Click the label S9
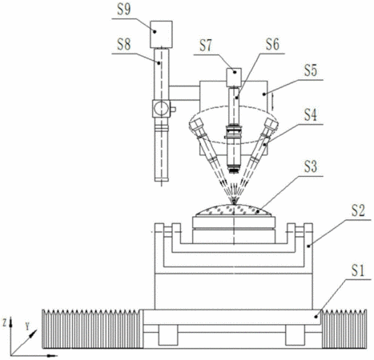(124, 10)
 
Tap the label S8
(124, 45)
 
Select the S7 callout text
(206, 46)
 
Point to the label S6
(272, 44)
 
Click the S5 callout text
(311, 70)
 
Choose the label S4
(311, 115)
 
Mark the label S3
(311, 166)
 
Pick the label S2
(358, 210)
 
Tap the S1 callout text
(358, 270)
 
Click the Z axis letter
(5, 323)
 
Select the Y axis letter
(27, 326)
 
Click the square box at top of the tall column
(161, 34)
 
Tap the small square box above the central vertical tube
(234, 78)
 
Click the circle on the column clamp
(161, 108)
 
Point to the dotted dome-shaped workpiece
(234, 210)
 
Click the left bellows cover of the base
(91, 329)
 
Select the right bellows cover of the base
(344, 329)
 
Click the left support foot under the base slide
(168, 335)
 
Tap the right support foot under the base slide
(295, 335)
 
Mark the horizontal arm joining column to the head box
(184, 93)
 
